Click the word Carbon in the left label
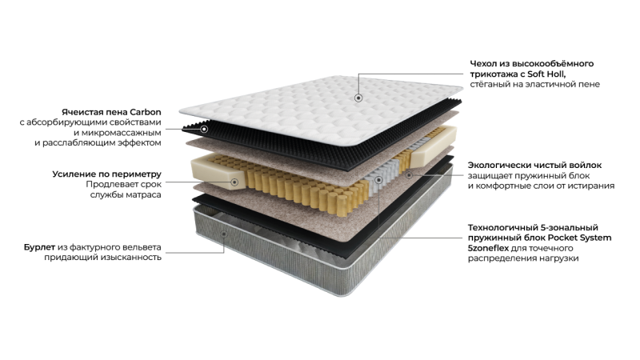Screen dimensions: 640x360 click(146, 112)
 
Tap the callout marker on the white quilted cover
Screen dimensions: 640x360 click(358, 98)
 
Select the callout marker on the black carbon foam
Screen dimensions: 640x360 click(204, 130)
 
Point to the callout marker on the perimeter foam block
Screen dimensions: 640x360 click(234, 182)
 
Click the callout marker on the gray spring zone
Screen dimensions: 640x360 click(378, 180)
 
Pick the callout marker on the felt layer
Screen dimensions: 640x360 click(409, 175)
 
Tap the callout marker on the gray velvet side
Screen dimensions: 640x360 click(224, 234)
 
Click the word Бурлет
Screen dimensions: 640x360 click(39, 247)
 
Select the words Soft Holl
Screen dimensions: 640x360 click(546, 74)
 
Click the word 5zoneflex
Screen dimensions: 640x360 click(488, 248)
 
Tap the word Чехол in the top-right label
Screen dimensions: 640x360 click(482, 64)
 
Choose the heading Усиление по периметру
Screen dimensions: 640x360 click(107, 174)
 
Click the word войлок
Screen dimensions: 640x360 click(586, 166)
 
